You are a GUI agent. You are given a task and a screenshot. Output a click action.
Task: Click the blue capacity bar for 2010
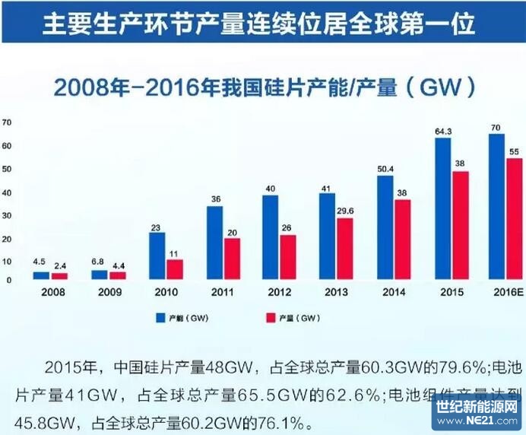(157, 256)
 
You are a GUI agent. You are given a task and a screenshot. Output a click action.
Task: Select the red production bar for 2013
(345, 249)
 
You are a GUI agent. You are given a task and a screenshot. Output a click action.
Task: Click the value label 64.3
(443, 132)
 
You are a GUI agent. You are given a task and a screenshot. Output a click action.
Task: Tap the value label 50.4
(385, 168)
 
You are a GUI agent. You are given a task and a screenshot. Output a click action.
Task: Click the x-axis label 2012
(280, 291)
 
